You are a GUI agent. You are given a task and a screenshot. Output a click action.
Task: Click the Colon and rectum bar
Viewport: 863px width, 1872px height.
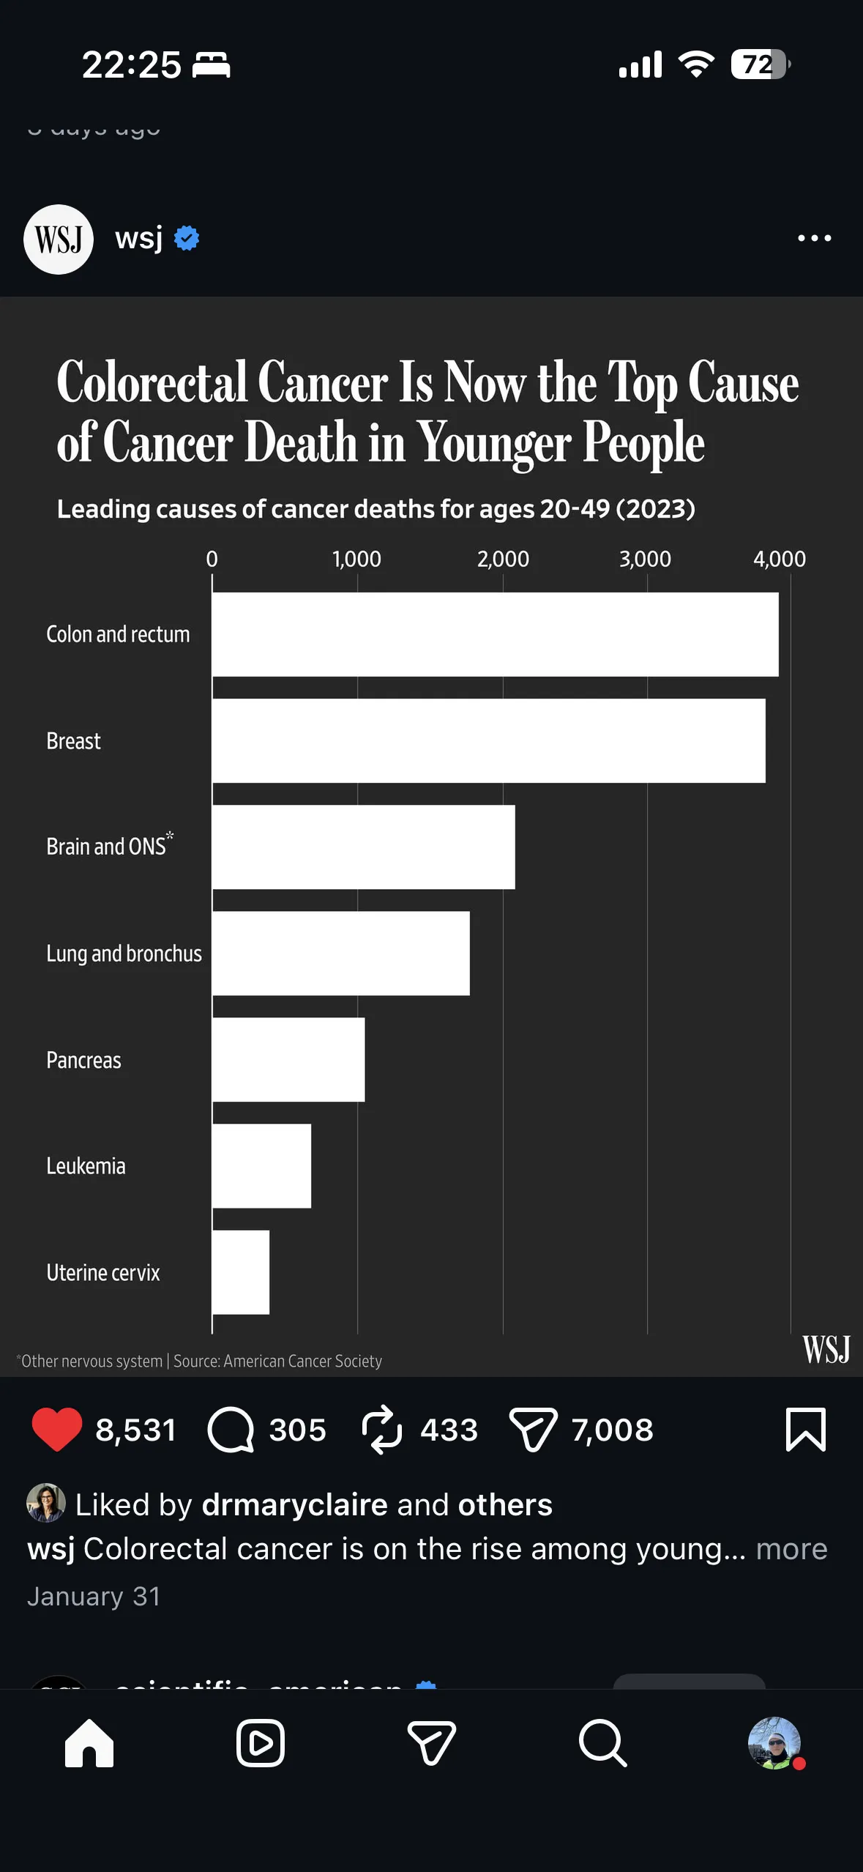pos(495,634)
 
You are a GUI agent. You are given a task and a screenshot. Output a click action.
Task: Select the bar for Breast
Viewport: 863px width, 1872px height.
pos(488,740)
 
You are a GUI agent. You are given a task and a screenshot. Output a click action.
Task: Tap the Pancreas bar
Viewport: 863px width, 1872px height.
pos(288,1060)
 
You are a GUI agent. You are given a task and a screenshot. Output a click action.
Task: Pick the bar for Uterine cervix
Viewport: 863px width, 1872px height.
pos(241,1272)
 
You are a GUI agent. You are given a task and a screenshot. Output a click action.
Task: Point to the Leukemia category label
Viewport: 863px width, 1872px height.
pos(86,1166)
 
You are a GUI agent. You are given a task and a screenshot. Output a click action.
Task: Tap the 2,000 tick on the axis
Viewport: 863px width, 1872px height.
pos(503,560)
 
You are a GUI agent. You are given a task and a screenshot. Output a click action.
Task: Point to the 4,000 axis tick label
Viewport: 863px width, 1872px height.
pos(780,560)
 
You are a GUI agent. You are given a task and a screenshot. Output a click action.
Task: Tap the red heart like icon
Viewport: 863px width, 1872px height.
pos(57,1429)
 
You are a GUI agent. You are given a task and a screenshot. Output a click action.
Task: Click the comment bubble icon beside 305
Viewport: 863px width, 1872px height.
pos(231,1429)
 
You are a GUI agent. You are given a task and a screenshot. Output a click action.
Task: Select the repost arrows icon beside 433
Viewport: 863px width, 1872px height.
pos(382,1429)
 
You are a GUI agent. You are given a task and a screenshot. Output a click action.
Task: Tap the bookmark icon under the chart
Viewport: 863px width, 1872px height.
pos(805,1429)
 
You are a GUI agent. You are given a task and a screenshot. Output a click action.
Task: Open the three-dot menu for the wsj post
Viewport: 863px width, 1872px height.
pos(814,239)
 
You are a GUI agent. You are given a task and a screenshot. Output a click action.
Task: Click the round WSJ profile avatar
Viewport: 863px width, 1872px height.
pos(59,239)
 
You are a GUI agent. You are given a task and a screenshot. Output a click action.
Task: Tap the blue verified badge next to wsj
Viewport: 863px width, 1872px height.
pos(187,239)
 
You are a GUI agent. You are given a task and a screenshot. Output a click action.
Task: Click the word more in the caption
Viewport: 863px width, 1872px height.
pos(791,1549)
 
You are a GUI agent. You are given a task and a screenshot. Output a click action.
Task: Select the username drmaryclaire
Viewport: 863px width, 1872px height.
pos(294,1505)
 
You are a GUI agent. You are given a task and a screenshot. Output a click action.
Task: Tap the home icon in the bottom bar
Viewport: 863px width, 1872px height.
pos(89,1743)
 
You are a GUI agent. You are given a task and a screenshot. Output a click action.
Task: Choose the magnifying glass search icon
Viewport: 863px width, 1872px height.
pos(602,1743)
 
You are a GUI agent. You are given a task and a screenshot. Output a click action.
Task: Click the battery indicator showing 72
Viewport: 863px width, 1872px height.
pos(760,65)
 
